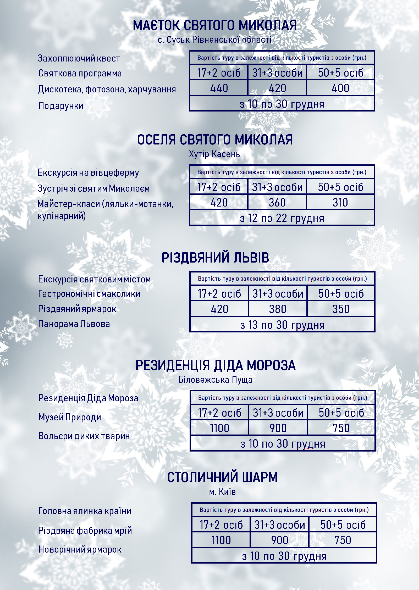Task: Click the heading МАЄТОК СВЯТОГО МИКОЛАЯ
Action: [x=214, y=26]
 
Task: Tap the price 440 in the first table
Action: [x=219, y=88]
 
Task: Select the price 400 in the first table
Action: [x=340, y=88]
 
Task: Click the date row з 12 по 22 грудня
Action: [x=282, y=218]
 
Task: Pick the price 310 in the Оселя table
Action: [x=340, y=203]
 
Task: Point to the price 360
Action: [x=277, y=203]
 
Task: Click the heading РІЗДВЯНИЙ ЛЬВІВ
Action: [x=215, y=258]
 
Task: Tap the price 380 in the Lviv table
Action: [x=278, y=309]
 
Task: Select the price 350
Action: [x=341, y=309]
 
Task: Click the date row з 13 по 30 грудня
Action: [x=282, y=325]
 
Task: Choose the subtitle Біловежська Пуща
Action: [x=215, y=380]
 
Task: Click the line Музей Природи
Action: [x=70, y=417]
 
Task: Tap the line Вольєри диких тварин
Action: [x=84, y=436]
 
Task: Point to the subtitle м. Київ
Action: [x=222, y=492]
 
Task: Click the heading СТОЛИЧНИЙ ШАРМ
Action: [x=222, y=477]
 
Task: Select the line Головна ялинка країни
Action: [x=85, y=511]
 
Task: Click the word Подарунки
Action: [x=61, y=106]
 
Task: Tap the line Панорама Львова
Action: [x=74, y=324]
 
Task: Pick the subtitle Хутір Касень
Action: [x=214, y=154]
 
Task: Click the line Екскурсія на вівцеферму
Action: [x=88, y=172]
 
